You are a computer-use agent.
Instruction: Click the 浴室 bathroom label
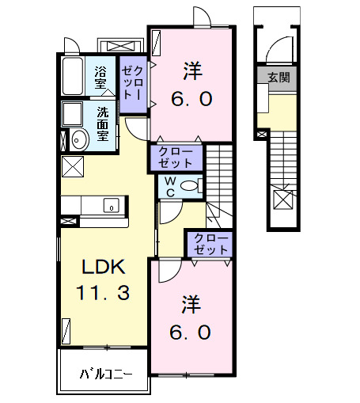tap(100, 77)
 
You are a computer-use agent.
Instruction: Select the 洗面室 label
tap(103, 124)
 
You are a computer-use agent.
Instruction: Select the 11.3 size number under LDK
tap(103, 294)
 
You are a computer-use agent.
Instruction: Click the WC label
tap(169, 187)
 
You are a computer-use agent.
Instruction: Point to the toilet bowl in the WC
tap(189, 187)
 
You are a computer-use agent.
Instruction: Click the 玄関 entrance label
tap(278, 77)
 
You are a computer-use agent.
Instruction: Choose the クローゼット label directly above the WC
tap(176, 157)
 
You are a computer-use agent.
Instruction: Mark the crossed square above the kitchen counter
tap(73, 167)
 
